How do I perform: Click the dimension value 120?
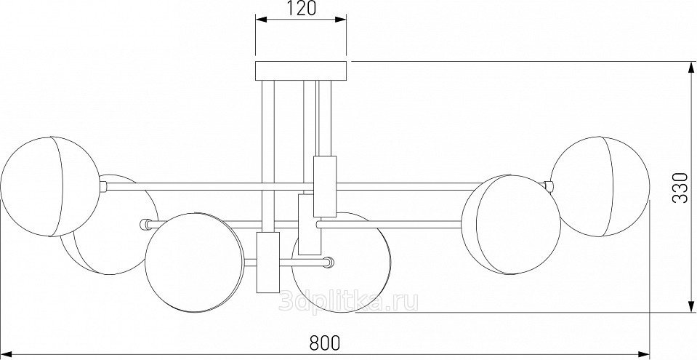point(301,9)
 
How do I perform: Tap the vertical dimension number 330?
point(680,187)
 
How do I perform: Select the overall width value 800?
point(325,343)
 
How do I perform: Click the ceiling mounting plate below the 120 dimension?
point(301,71)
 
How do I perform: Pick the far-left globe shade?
point(50,186)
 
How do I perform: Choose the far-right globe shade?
point(600,186)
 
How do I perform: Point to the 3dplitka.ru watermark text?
point(348,302)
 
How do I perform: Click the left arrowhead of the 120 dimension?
point(261,19)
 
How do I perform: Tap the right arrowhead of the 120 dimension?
point(341,19)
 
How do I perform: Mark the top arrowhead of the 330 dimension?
point(690,68)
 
